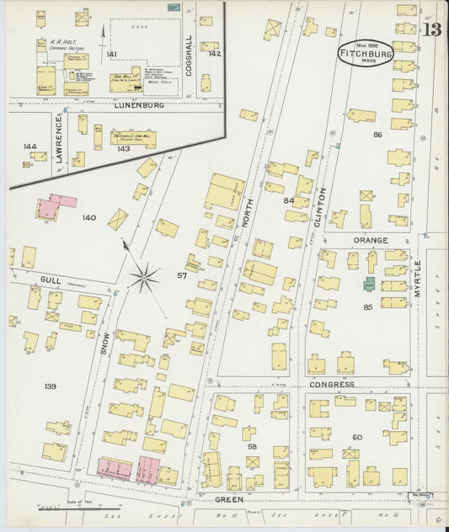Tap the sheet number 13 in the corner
(432, 30)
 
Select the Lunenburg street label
(135, 107)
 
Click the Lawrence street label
(59, 140)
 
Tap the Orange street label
(371, 240)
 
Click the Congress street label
(330, 383)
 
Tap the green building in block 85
(369, 285)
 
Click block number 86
(377, 134)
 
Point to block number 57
(181, 275)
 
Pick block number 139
(50, 386)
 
